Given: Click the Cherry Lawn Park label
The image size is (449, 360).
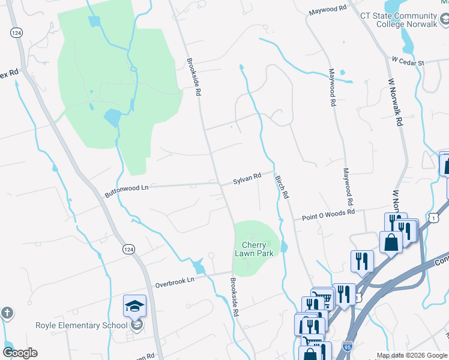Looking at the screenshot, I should (258, 249).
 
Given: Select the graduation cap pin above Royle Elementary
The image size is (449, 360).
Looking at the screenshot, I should (135, 307).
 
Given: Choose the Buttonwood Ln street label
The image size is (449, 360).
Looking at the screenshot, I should (126, 191).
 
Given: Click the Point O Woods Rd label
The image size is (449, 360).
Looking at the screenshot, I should (328, 213).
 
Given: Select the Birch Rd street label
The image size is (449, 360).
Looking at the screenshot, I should (282, 187).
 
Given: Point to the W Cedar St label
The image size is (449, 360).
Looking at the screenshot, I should (408, 61).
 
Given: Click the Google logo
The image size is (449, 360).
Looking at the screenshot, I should (20, 353).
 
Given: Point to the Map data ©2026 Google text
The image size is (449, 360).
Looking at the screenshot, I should (412, 355).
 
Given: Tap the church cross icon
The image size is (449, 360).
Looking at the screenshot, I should (6, 313).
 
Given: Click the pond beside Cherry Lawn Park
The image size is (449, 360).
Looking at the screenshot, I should (284, 246).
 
